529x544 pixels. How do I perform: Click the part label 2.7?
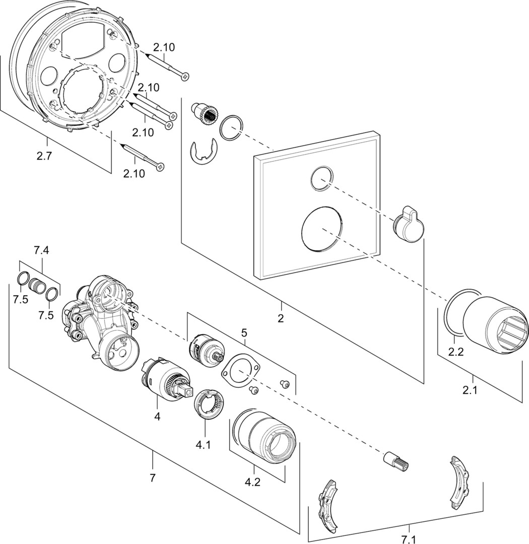pos(44,156)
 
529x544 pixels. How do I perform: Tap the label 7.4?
pos(41,250)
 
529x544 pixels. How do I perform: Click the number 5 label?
pos(244,332)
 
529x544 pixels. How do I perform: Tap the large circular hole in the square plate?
pos(323,229)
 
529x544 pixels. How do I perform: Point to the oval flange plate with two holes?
pos(242,372)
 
